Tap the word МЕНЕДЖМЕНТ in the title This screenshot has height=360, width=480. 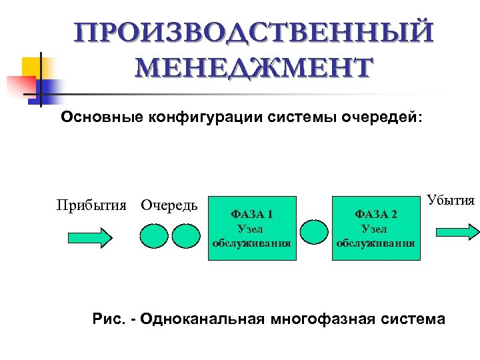click(x=253, y=68)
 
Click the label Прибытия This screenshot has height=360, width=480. click(x=91, y=204)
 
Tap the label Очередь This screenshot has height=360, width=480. click(x=169, y=204)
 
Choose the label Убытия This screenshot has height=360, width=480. click(x=451, y=200)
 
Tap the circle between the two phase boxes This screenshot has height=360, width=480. click(x=313, y=233)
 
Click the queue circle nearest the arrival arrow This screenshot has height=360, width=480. click(x=154, y=234)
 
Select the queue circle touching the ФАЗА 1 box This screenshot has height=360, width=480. click(x=186, y=234)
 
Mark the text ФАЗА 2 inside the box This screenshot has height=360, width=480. click(x=375, y=215)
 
